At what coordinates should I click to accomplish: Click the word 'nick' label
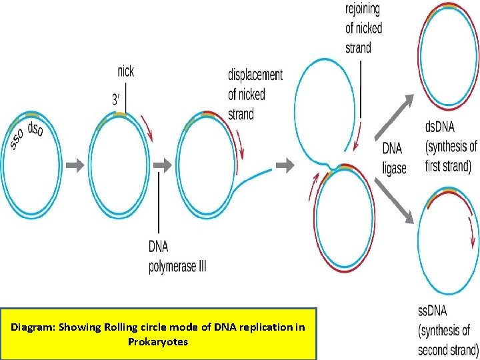[125, 71]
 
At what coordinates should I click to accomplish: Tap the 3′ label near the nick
[116, 99]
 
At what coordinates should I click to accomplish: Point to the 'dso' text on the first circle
[35, 131]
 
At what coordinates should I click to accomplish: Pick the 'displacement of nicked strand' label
[255, 94]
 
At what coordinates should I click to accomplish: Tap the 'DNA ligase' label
[394, 159]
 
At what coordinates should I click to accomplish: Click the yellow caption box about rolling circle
[159, 334]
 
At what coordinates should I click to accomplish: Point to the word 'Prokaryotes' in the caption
[159, 342]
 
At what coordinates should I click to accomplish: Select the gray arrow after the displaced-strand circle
[285, 164]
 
